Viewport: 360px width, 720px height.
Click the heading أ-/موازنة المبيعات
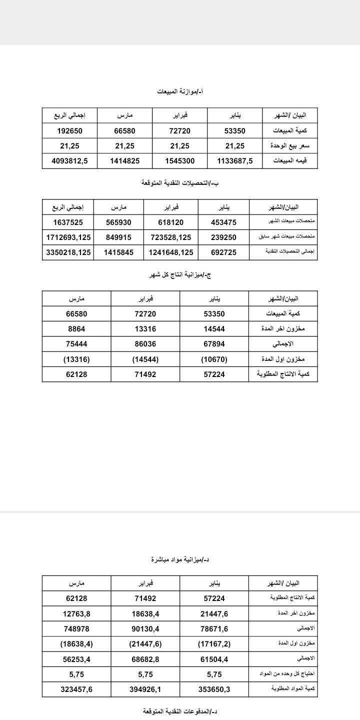click(x=180, y=92)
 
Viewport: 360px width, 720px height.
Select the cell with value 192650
click(x=69, y=131)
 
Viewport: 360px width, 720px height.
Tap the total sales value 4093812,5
click(x=69, y=161)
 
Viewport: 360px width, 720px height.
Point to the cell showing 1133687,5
click(x=235, y=161)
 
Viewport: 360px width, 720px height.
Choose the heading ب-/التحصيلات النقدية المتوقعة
click(x=180, y=183)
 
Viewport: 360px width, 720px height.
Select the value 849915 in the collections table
click(x=119, y=237)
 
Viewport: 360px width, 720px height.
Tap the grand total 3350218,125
click(x=69, y=252)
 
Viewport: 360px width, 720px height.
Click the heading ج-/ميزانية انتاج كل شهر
click(x=180, y=275)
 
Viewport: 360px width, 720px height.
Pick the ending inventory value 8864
click(x=76, y=329)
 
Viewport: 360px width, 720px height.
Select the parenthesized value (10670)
click(x=214, y=359)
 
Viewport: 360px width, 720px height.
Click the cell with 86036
click(x=145, y=344)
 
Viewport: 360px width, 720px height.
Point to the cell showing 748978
click(x=76, y=628)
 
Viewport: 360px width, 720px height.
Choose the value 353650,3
click(x=214, y=688)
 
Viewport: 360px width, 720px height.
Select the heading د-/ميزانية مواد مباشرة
click(x=180, y=559)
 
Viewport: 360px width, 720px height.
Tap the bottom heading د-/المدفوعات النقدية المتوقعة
click(x=180, y=711)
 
